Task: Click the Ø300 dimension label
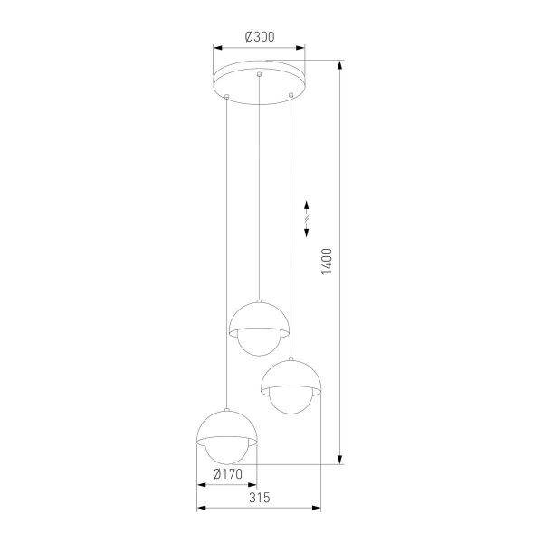(x=260, y=37)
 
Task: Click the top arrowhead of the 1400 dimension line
(x=340, y=65)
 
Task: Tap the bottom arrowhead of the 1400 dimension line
(x=340, y=460)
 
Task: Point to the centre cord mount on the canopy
(x=260, y=73)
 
